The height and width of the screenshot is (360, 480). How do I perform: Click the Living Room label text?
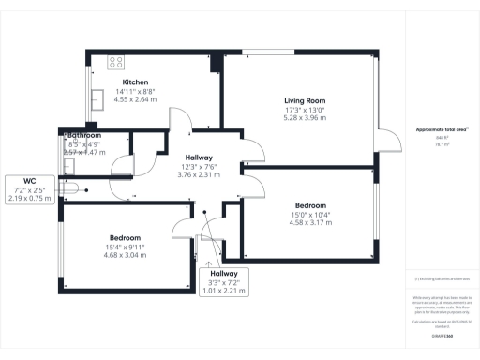click(x=305, y=100)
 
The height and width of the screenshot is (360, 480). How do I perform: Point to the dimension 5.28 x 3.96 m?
click(x=305, y=119)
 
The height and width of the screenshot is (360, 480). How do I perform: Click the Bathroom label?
click(x=84, y=135)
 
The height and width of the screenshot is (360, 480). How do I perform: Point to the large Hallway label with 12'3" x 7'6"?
click(x=199, y=157)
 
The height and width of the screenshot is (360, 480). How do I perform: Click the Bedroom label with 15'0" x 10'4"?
click(x=310, y=205)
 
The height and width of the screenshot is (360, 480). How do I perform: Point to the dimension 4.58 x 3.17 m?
click(x=310, y=223)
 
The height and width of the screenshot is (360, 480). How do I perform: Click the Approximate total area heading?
click(x=442, y=127)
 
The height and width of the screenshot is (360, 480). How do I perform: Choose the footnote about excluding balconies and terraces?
click(x=441, y=278)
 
